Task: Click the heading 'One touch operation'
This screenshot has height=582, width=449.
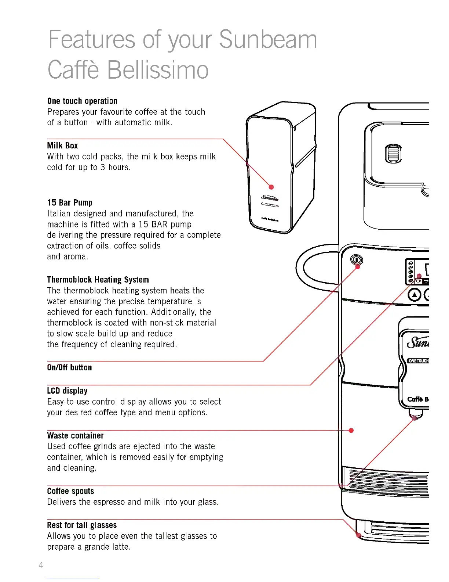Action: [x=82, y=101]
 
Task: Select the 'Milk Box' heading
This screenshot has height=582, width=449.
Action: [x=62, y=145]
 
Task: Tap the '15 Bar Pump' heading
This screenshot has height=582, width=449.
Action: [x=70, y=202]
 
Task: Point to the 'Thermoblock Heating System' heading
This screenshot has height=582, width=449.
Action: [x=98, y=280]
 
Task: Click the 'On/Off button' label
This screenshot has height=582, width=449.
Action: [x=69, y=367]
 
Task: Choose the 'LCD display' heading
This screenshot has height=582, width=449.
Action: [x=67, y=391]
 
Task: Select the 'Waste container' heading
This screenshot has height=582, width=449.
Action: [x=75, y=435]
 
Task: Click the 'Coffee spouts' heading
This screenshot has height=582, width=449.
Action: [x=70, y=491]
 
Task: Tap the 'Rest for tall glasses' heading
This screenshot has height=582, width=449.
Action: [x=82, y=525]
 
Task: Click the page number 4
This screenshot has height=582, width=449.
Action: [x=41, y=565]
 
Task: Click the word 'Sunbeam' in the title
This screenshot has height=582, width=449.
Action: [x=268, y=40]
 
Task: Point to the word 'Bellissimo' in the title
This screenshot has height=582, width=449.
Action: [x=158, y=70]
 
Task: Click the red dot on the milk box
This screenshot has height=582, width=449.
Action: [x=271, y=187]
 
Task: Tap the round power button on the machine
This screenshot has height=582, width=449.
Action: [x=356, y=260]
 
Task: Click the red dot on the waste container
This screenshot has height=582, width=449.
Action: [x=351, y=430]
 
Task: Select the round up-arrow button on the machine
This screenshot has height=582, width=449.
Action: [x=415, y=295]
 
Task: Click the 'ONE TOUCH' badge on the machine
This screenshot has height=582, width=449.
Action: [x=419, y=361]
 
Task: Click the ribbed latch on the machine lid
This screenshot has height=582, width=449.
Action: [x=393, y=153]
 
